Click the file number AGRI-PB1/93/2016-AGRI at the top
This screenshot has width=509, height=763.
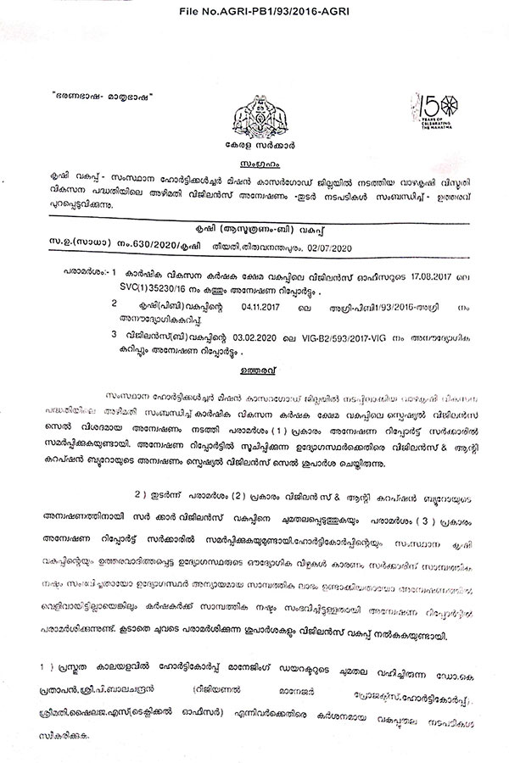pyautogui.click(x=255, y=8)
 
